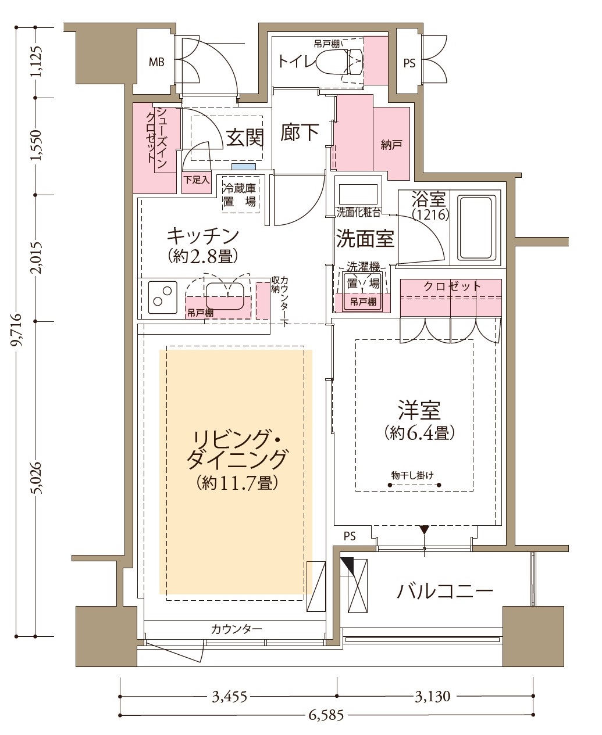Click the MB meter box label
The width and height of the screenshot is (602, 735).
pos(156,62)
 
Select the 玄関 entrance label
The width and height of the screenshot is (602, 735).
pos(245,138)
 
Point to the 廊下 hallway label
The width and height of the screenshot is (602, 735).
pos(300,132)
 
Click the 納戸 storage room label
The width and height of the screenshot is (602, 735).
pos(391,145)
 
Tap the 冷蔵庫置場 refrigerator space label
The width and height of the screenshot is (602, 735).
pos(240,195)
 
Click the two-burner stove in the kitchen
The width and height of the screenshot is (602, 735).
pos(162,297)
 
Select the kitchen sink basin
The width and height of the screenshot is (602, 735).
pos(225,296)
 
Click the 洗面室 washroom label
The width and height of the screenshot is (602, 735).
pos(365,239)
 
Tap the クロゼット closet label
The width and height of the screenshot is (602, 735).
pos(452,286)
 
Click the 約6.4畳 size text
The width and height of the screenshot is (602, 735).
pos(419,433)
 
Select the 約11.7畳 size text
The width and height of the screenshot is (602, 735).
pos(237,483)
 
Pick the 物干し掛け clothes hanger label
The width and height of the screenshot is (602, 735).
pos(412,475)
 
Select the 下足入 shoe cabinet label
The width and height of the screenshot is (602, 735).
pos(197,180)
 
